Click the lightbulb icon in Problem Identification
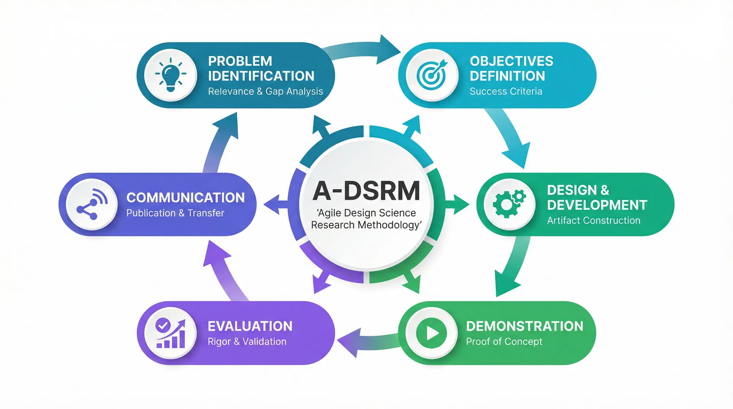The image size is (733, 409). [x=171, y=75]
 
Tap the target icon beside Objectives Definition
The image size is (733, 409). [x=432, y=75]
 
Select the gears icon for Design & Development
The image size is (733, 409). [x=509, y=204]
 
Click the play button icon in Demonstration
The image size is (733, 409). [x=431, y=333]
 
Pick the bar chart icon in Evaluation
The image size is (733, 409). [x=171, y=333]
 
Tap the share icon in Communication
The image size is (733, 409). [x=92, y=204]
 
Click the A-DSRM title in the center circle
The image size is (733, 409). [x=366, y=190]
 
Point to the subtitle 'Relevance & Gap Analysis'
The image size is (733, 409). [x=265, y=92]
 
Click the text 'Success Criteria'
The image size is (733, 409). [x=505, y=92]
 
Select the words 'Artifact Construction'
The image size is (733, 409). [x=593, y=221]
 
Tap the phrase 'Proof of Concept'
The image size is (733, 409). [x=504, y=341]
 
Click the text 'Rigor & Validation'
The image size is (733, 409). [x=247, y=341]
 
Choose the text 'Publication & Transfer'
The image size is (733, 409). [x=175, y=213]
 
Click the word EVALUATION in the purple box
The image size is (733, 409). [x=250, y=326]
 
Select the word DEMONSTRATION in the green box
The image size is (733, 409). [x=524, y=326]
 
